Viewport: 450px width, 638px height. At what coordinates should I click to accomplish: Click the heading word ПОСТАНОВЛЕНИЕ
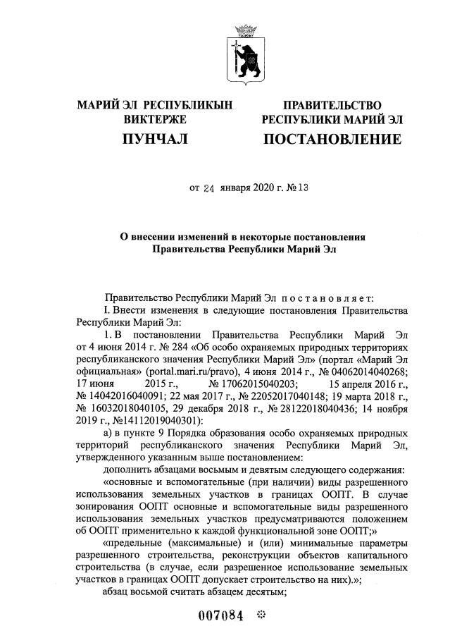pos(333,140)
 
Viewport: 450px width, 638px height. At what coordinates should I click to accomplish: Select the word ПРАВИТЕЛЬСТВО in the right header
pos(332,106)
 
